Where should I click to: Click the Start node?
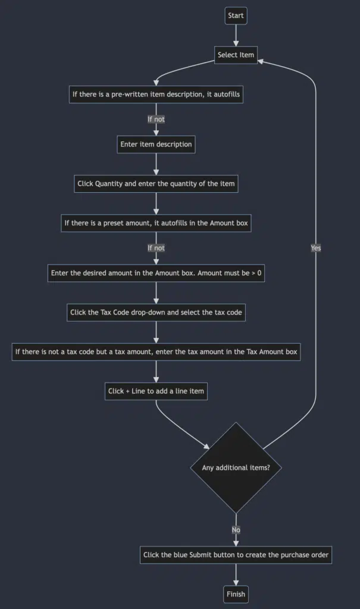236,16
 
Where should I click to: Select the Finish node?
236,594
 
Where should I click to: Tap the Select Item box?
236,55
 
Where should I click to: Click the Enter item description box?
156,145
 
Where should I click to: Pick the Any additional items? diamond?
236,467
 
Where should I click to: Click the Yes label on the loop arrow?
315,248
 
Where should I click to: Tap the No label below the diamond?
236,529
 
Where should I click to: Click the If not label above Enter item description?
156,119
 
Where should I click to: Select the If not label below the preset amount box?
156,248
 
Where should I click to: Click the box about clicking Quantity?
156,184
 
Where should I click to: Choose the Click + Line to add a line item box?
156,391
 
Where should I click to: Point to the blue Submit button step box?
236,555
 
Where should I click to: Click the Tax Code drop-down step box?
156,312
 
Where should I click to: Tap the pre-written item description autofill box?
156,95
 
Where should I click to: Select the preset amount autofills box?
156,224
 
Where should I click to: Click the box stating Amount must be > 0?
156,273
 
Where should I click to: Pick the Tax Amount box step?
156,352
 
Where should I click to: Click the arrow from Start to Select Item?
236,35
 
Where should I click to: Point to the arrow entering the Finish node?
236,575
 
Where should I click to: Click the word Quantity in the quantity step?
109,184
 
